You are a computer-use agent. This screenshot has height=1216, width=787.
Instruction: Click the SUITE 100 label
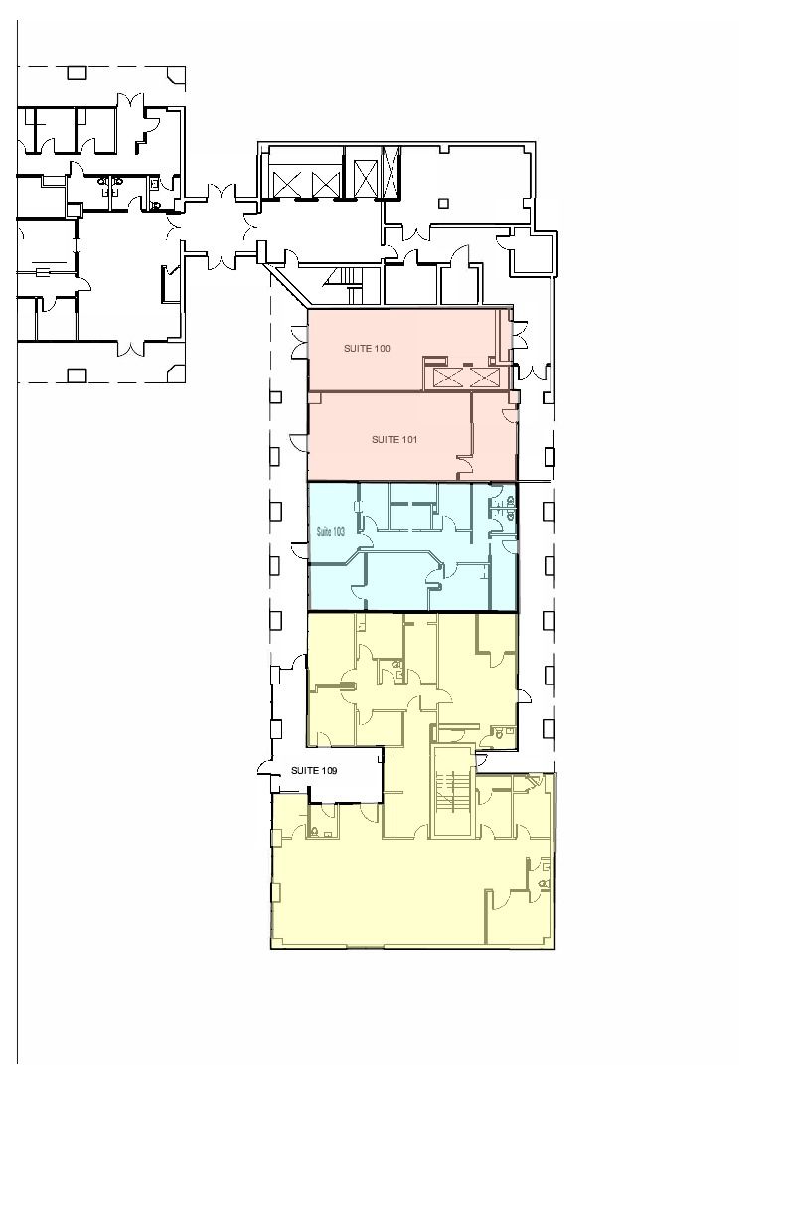pos(367,348)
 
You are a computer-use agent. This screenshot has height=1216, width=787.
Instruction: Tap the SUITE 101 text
pos(394,440)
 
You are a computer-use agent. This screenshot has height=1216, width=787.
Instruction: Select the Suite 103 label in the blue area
pos(331,532)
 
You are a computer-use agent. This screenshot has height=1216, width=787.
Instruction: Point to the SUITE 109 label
pos(314,770)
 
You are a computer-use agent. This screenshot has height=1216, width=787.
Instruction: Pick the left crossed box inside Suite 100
pos(449,378)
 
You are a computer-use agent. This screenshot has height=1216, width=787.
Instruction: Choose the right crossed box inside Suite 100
pos(485,378)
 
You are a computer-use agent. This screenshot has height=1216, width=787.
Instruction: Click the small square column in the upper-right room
pos(444,203)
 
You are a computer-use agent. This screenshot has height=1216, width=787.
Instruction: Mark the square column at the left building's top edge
pos(77,73)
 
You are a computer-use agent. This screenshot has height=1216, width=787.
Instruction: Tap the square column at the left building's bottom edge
pos(77,376)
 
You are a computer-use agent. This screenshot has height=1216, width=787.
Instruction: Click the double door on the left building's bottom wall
pos(131,348)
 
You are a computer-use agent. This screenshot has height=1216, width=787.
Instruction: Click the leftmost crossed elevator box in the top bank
pos(287,185)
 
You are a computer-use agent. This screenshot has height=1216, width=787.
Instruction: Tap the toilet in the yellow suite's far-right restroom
pos(544,884)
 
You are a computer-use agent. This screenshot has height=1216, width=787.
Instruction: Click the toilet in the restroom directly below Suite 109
pos(314,831)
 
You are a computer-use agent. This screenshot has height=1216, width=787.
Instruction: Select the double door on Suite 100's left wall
pos(300,343)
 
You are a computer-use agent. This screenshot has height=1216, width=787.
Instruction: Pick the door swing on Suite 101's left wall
pos(299,442)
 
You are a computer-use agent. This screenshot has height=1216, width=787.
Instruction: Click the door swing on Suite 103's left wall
pos(299,550)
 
